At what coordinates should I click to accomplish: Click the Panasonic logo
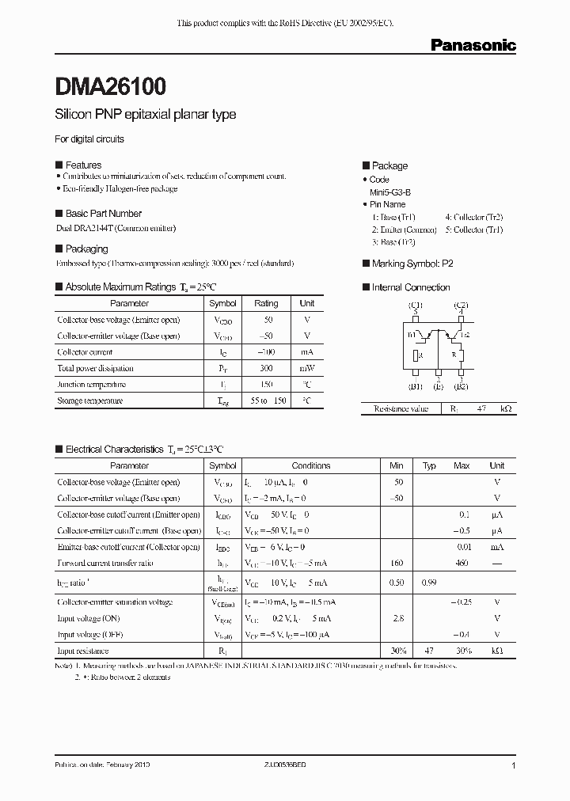click(x=473, y=46)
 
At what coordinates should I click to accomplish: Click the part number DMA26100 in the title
click(x=110, y=85)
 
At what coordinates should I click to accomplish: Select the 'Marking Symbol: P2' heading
click(x=412, y=264)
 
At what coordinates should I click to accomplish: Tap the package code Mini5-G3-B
click(x=390, y=192)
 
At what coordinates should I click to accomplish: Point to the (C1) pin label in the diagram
click(x=416, y=305)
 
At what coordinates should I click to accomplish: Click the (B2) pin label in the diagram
click(x=461, y=387)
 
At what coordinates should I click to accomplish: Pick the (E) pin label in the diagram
click(x=438, y=387)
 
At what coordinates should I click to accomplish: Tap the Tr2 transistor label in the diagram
click(x=464, y=335)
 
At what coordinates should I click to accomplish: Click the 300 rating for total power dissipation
click(x=266, y=368)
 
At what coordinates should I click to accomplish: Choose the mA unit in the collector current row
click(x=307, y=352)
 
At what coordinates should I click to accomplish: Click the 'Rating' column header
click(x=266, y=303)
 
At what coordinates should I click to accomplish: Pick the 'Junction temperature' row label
click(x=91, y=384)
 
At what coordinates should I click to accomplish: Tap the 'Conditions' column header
click(x=311, y=465)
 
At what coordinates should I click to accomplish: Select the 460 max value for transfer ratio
click(x=462, y=563)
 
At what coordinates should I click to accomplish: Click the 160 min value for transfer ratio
click(x=397, y=563)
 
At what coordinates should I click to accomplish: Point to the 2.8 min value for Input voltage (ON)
click(x=397, y=618)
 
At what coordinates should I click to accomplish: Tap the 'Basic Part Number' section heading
click(x=103, y=214)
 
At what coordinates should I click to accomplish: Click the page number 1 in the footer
click(x=514, y=766)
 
